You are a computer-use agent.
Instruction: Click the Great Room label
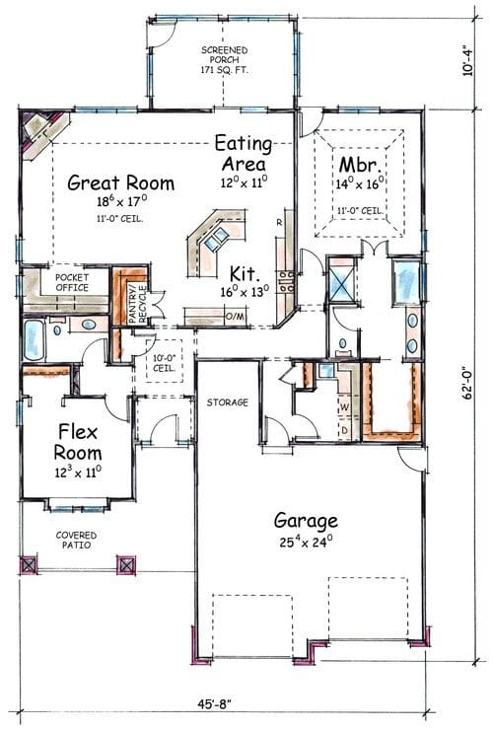121,183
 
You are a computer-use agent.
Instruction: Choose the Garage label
306,521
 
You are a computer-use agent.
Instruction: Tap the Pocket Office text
72,282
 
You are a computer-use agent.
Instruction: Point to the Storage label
227,402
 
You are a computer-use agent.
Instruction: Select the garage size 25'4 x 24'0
306,541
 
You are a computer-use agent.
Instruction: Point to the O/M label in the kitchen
236,316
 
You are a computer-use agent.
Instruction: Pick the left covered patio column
29,565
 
